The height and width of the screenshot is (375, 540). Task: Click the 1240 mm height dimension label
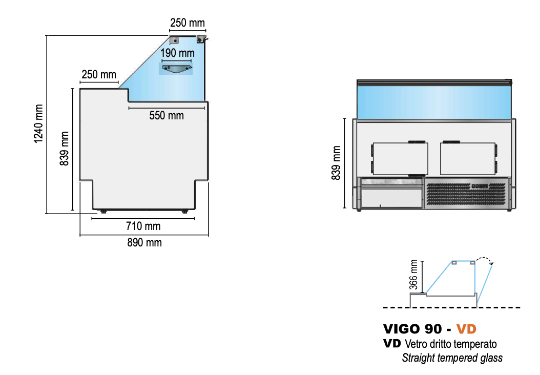tap(38, 123)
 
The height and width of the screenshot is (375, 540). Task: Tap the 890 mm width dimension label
tap(144, 243)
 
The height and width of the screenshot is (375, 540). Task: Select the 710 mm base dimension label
tap(143, 226)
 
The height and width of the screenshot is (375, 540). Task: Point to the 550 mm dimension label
tap(167, 115)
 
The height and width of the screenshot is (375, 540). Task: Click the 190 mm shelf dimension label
tap(177, 53)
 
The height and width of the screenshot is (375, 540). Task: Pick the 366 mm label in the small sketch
tap(413, 275)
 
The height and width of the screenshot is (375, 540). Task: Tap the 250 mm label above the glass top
tap(188, 23)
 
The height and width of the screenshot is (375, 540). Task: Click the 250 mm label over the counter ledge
tap(99, 74)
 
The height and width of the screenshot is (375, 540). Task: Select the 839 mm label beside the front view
tap(336, 163)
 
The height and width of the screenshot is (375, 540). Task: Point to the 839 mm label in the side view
tap(64, 149)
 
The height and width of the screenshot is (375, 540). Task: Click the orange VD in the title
tap(466, 329)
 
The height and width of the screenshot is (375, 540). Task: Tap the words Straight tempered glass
tap(452, 358)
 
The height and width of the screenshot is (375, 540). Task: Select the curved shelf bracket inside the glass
tap(177, 69)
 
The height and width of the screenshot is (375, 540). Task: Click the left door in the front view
tap(400, 159)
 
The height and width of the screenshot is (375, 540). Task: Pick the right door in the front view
tap(468, 159)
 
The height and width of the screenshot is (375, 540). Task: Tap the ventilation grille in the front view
tap(466, 194)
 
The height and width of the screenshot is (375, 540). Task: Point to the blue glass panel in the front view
tap(433, 102)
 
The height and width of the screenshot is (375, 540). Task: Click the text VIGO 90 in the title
tap(412, 329)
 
